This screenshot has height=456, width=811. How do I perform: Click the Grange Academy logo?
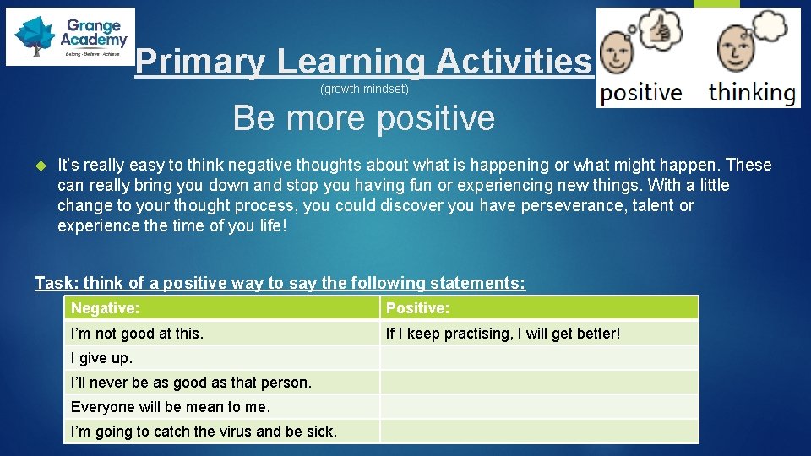click(x=70, y=36)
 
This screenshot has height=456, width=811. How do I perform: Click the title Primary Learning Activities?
click(x=364, y=62)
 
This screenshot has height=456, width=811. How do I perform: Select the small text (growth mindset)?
click(x=364, y=89)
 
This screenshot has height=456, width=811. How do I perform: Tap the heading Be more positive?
click(x=363, y=118)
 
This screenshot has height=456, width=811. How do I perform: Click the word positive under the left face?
click(x=641, y=92)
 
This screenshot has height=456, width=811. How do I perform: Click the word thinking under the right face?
click(x=753, y=92)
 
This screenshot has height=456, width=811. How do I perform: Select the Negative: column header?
click(x=106, y=308)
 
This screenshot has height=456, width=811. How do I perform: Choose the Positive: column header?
click(x=417, y=308)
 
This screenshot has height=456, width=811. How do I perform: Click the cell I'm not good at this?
click(x=137, y=334)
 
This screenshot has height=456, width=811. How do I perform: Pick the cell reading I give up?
click(x=101, y=358)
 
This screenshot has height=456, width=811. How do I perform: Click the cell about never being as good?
click(x=191, y=383)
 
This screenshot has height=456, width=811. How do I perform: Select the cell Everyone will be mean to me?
click(x=171, y=407)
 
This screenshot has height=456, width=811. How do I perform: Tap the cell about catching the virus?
click(x=204, y=432)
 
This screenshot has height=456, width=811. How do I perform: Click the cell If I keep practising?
click(x=503, y=334)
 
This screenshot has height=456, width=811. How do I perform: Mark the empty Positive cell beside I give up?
click(x=539, y=358)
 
